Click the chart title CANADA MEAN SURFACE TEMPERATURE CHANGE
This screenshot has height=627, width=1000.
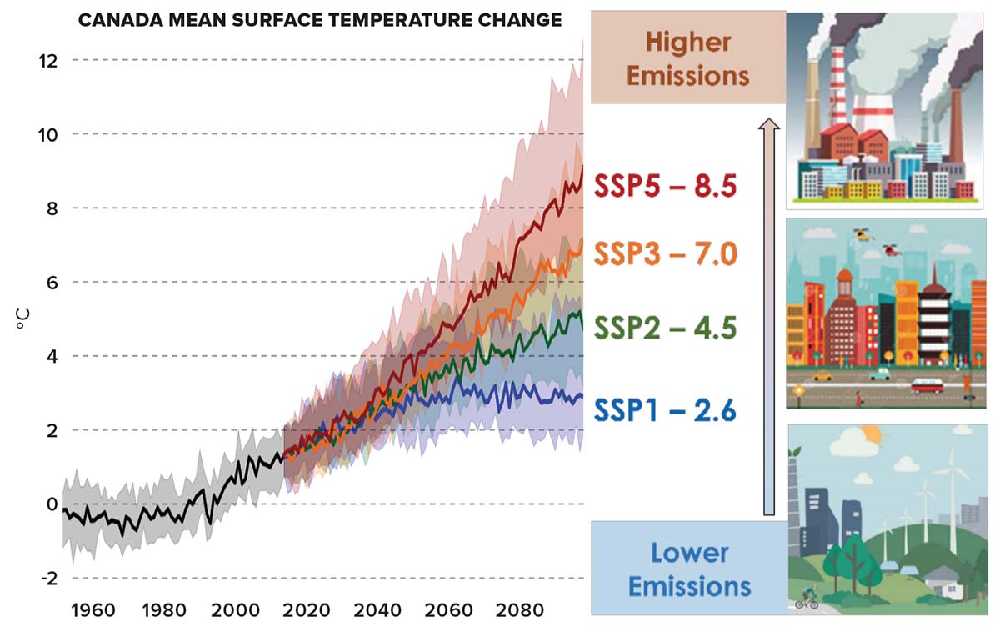pos(320,19)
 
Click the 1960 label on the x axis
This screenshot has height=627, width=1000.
pos(93,609)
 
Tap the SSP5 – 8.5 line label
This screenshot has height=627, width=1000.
pos(665,187)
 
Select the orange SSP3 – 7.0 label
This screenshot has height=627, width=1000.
pos(665,253)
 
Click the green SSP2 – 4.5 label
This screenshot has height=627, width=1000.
pos(665,328)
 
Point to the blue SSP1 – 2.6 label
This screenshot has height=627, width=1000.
pos(665,410)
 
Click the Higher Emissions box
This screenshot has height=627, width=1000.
pos(688,58)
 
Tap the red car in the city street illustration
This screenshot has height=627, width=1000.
pos(926,386)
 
